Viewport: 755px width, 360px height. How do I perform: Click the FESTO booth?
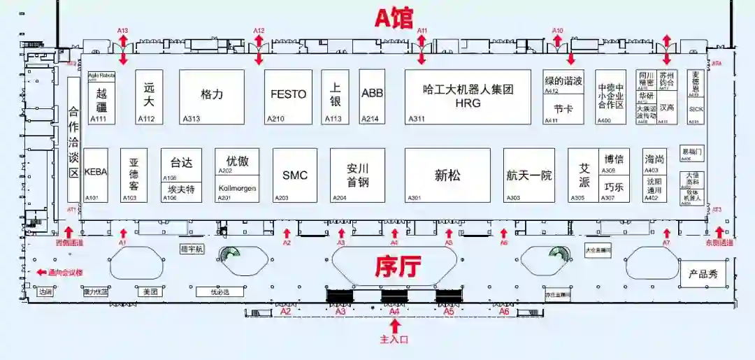click(x=288, y=96)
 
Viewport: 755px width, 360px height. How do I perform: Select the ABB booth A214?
click(x=372, y=96)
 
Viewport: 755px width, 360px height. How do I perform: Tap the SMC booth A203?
click(x=294, y=175)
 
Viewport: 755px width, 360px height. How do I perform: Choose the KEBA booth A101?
click(x=96, y=174)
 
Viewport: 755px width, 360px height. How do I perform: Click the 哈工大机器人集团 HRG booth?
click(x=468, y=96)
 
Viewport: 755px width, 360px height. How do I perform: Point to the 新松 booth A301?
click(x=447, y=175)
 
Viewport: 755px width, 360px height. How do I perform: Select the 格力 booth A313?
click(x=212, y=96)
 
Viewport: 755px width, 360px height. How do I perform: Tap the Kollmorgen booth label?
click(x=237, y=189)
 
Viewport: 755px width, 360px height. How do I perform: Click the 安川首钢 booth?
click(x=357, y=175)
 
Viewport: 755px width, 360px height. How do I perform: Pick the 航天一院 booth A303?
click(x=529, y=175)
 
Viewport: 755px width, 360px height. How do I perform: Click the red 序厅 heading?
click(x=396, y=266)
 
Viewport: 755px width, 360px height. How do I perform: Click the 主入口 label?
click(x=394, y=339)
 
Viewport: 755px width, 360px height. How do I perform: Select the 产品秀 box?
click(x=703, y=274)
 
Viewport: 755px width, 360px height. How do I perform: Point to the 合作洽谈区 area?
click(x=73, y=148)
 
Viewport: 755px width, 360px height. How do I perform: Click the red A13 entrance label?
click(x=123, y=31)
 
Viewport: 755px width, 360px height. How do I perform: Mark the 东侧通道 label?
click(x=719, y=243)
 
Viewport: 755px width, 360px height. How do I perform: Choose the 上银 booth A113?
click(x=336, y=96)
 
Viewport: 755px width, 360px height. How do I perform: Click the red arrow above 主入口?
click(x=396, y=326)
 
